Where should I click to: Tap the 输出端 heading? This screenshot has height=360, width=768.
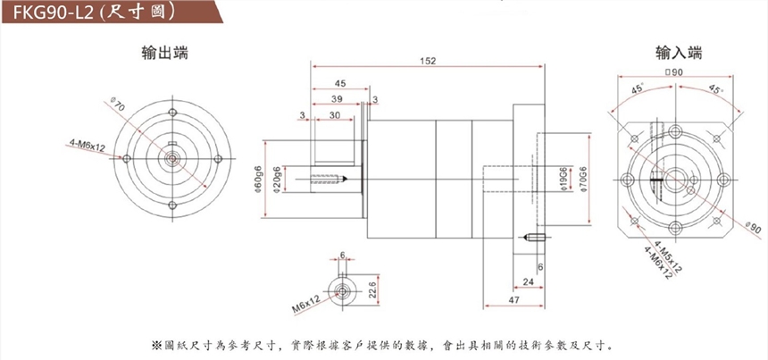164,53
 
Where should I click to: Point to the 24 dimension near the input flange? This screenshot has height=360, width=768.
528,282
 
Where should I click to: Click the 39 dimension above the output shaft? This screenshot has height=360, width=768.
338,98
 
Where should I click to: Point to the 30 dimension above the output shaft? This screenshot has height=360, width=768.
332,115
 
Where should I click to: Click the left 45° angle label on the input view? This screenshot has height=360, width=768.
638,89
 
